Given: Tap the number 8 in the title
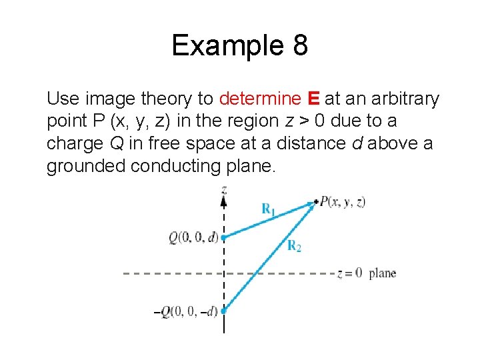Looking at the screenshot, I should coord(298,45).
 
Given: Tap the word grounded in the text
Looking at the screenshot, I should coord(85,166).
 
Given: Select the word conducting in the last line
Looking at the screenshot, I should coord(173,166).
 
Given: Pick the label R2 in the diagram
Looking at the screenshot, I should coord(294,246).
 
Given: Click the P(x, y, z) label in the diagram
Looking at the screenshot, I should coord(342,202).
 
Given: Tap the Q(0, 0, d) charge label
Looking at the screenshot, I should coord(193,237).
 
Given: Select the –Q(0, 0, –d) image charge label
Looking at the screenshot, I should coord(189,311).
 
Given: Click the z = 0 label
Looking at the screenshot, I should coord(349,273).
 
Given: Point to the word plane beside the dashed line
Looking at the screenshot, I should coord(383,273).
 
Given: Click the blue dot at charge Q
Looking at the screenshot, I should coord(224,237).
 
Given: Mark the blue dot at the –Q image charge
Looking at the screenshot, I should coord(224,310).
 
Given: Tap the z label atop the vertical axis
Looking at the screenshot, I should coord(224,191).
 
